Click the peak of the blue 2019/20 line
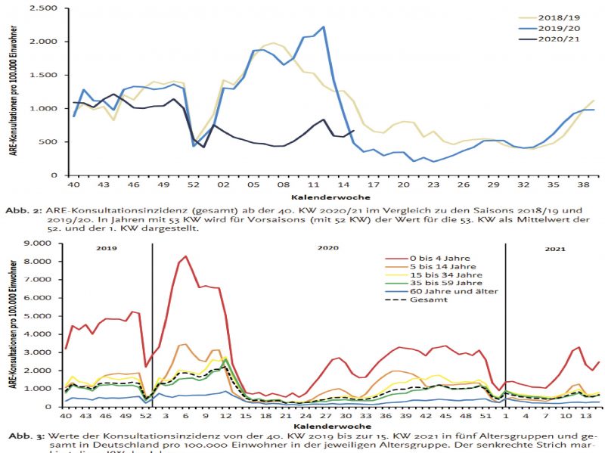click(323, 27)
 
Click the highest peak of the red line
click(185, 256)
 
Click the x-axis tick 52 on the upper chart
click(194, 184)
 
